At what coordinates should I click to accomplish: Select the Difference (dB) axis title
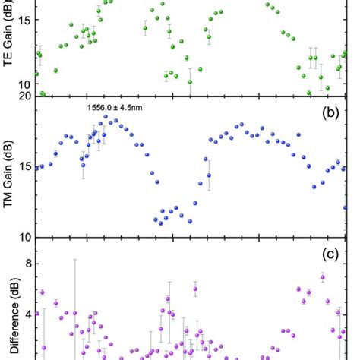(x=9, y=311)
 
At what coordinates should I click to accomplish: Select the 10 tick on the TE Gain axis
(x=24, y=84)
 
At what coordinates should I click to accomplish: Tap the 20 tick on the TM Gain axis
(x=24, y=96)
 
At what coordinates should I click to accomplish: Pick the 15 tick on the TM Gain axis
(x=24, y=167)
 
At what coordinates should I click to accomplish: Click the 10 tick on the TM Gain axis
(x=24, y=236)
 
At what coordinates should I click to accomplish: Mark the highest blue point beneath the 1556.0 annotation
(x=111, y=120)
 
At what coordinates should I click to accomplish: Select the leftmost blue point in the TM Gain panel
(x=36, y=168)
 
